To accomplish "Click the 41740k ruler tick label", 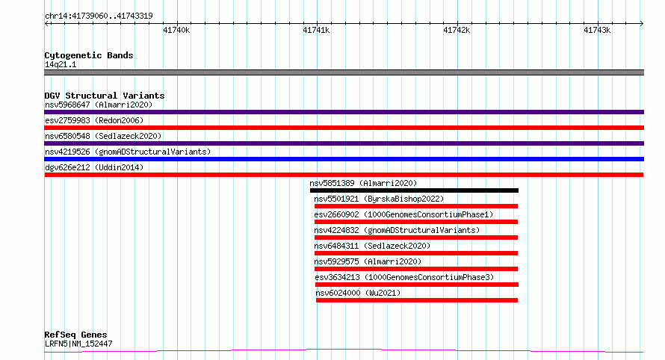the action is tap(176, 30).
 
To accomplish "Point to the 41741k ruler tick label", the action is tap(316, 30).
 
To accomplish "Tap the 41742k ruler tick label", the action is tap(457, 30).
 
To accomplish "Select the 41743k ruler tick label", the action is tap(597, 30).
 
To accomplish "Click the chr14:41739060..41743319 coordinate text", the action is tap(99, 16).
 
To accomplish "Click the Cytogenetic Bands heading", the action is tap(89, 55).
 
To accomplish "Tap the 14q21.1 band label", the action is tap(61, 64).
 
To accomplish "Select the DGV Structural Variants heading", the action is tap(105, 96).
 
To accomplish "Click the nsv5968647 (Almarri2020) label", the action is tap(99, 105).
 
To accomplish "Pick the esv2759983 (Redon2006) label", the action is tap(94, 120).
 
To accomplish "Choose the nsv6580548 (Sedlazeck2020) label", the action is tap(103, 136).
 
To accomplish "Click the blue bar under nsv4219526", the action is tap(344, 159).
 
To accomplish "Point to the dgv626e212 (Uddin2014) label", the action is tap(94, 167).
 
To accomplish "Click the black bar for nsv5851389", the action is tap(414, 190).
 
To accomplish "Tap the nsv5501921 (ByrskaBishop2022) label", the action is tap(379, 199).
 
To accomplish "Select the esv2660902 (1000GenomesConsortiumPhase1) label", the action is tap(403, 214).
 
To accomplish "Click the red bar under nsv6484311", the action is tap(416, 253).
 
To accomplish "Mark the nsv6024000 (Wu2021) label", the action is tap(358, 293).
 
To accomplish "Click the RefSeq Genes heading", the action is tap(75, 335).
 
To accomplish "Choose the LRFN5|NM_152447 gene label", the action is tap(78, 344).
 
